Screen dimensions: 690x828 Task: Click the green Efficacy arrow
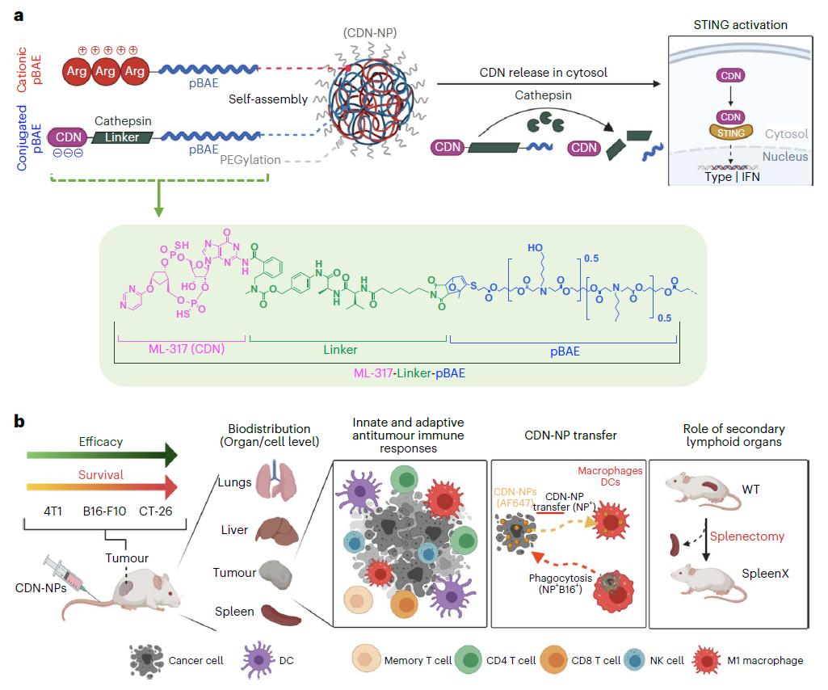102,455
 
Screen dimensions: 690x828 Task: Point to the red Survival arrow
102,487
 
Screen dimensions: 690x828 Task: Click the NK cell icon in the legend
633,660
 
